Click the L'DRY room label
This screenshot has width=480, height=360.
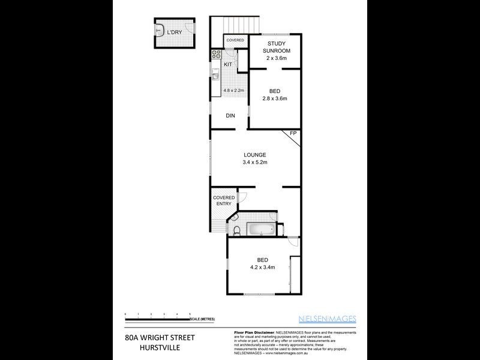[x=175, y=32]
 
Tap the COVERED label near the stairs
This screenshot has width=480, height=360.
[x=235, y=40]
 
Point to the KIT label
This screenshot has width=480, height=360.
[x=228, y=64]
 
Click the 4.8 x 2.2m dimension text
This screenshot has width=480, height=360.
[x=233, y=91]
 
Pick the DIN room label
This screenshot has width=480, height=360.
[x=230, y=116]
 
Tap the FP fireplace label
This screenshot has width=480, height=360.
[x=293, y=133]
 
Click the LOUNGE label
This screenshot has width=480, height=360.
[x=255, y=155]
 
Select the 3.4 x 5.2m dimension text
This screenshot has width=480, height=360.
[x=255, y=163]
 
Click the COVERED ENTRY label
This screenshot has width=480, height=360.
[x=223, y=200]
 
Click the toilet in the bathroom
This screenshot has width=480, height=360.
[x=236, y=229]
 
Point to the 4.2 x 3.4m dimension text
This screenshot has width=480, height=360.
[x=262, y=268]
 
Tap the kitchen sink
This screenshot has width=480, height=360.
[x=215, y=76]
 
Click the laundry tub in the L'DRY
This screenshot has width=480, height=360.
[x=160, y=29]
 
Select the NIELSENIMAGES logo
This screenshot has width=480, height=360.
[x=328, y=319]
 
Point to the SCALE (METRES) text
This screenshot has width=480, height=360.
[x=202, y=319]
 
